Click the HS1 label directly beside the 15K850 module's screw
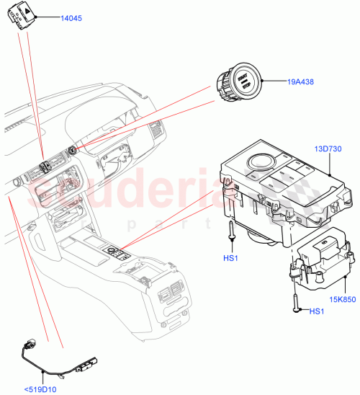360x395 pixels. (x=317, y=311)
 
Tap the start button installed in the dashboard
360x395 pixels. (x=73, y=150)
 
